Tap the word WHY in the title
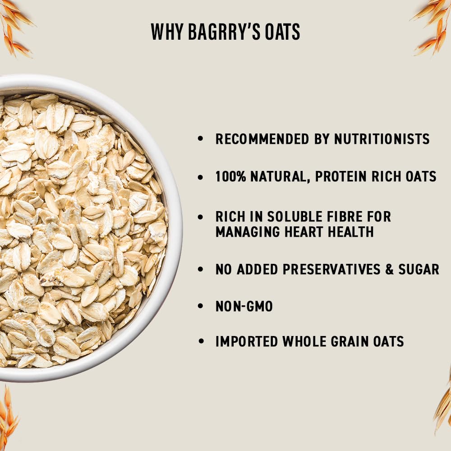167,32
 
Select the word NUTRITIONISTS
382,139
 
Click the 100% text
230,176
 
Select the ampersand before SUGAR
390,270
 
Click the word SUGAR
419,269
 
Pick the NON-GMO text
244,306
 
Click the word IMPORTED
247,341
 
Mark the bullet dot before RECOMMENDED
201,138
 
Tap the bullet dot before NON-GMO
201,306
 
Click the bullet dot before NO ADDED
201,269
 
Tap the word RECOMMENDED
262,139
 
